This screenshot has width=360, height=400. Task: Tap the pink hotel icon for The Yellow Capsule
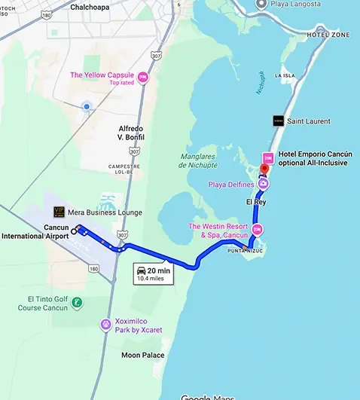point(143,78)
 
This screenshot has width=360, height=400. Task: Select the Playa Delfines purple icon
point(264,183)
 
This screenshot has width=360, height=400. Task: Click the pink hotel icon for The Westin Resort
point(258,230)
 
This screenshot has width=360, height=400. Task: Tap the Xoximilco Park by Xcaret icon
point(106,325)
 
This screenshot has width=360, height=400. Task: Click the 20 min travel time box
point(153,273)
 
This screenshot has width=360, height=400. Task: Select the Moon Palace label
point(142,354)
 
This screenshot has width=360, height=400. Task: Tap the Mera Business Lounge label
point(96,212)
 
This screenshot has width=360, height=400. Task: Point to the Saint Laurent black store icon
point(278,121)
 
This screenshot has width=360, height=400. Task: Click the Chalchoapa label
point(90,7)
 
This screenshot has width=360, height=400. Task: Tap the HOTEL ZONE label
point(328,35)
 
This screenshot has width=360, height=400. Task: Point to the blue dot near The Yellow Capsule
point(87,107)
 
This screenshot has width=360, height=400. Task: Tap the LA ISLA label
point(285,75)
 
